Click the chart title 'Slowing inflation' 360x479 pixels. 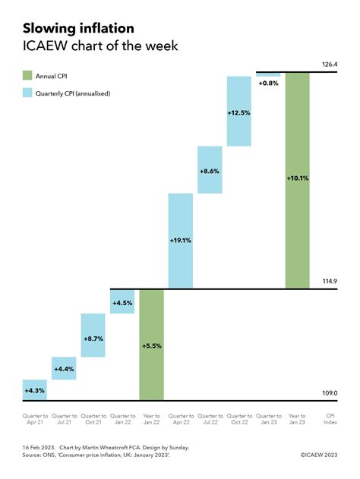(78, 28)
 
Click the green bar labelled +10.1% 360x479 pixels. (297, 180)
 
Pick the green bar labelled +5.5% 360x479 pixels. (151, 345)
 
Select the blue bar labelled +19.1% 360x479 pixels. (180, 241)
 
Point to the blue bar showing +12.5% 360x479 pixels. (238, 112)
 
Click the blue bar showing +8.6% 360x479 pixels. (209, 171)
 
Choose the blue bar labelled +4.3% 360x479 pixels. (35, 389)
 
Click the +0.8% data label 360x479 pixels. (268, 83)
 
